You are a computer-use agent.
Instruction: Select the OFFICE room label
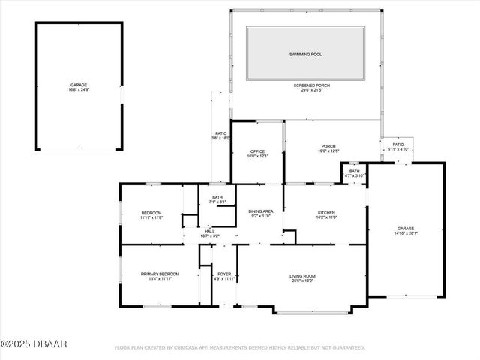pyautogui.click(x=257, y=151)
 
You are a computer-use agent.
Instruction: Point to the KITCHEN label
pyautogui.click(x=325, y=213)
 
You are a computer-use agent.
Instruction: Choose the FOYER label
pyautogui.click(x=224, y=274)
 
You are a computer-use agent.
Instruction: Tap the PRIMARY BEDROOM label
pyautogui.click(x=159, y=274)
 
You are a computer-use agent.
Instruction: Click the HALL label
pyautogui.click(x=210, y=231)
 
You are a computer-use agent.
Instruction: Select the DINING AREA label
pyautogui.click(x=260, y=212)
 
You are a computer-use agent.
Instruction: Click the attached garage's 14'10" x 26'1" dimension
pyautogui.click(x=406, y=233)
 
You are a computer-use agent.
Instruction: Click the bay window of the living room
pyautogui.click(x=312, y=311)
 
